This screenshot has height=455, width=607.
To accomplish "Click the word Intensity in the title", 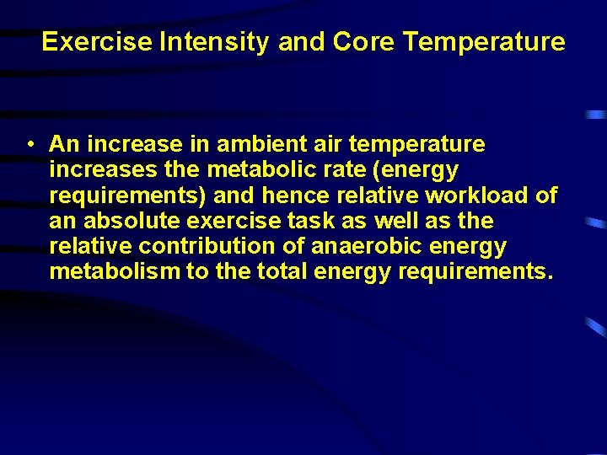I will [215, 42].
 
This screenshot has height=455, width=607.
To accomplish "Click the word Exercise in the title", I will [98, 42].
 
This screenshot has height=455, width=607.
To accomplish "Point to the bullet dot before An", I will [30, 145].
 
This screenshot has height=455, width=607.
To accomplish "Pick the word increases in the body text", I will [101, 170].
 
